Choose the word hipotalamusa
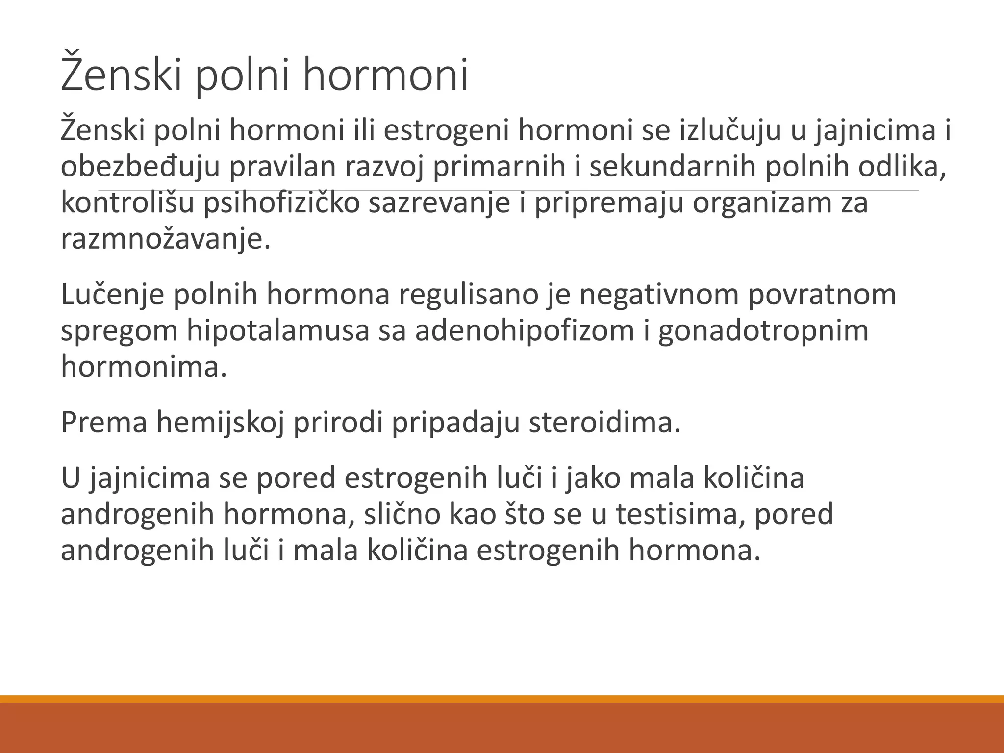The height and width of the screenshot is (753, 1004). [x=277, y=331]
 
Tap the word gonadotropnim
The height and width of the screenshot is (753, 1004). [x=763, y=331]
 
